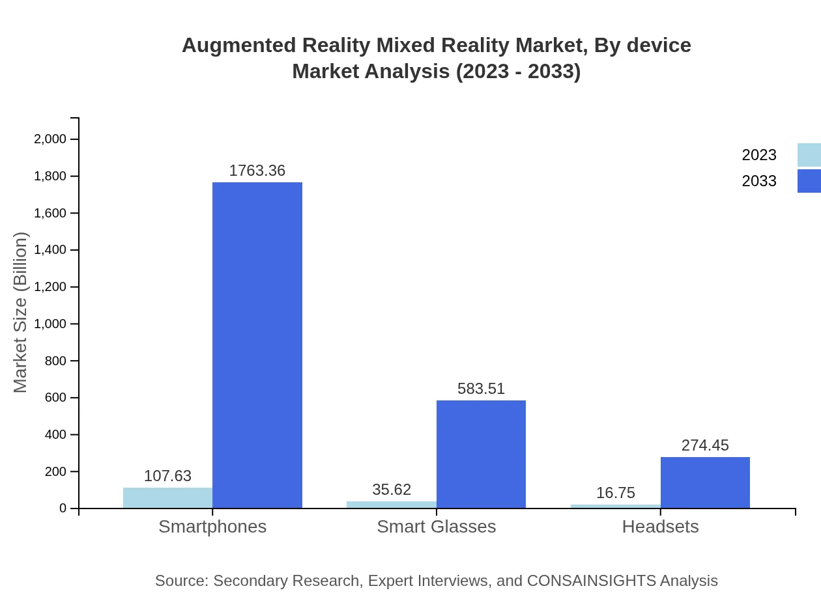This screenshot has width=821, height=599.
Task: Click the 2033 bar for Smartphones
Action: coord(257,345)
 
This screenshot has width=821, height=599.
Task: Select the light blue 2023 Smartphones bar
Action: coord(167,498)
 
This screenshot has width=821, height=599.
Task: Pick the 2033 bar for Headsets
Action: coord(705,482)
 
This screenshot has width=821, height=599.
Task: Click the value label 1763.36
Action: coord(257,171)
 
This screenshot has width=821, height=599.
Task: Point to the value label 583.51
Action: coord(481,389)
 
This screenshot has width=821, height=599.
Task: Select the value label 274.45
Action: coord(705,445)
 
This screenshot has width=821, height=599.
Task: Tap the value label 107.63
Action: coord(167,476)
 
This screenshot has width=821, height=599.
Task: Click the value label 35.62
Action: coord(392,490)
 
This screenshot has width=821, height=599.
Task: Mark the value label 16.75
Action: coord(615,493)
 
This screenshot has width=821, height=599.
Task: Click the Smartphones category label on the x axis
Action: coord(212,527)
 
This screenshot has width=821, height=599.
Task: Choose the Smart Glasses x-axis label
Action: coord(436,527)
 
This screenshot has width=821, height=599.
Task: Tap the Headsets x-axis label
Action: coord(660,527)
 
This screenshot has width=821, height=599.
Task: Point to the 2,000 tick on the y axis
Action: coord(50,139)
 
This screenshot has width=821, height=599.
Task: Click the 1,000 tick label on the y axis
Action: coord(50,324)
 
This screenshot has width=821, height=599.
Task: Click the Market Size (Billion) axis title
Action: coord(21,313)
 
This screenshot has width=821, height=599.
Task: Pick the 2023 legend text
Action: coord(759,155)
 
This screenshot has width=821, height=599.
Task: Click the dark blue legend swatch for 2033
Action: coord(809,181)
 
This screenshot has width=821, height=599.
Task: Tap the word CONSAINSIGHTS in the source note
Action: coord(592,581)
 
